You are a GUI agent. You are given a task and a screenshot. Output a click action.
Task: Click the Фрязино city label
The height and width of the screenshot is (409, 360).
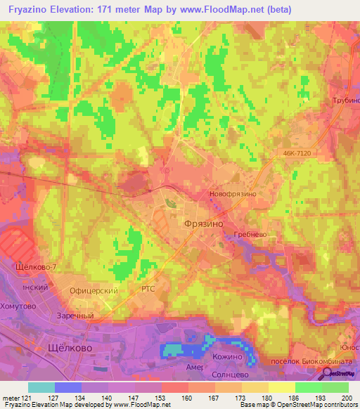coord(203,222)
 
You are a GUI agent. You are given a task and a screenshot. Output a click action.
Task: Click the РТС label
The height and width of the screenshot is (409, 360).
coord(148,290)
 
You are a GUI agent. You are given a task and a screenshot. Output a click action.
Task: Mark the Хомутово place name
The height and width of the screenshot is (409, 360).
coord(18,306)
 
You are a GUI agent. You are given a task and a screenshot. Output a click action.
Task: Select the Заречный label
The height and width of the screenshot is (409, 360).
coord(75,316)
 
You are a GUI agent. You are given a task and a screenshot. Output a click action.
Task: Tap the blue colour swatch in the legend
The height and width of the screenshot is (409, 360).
coord(68,387)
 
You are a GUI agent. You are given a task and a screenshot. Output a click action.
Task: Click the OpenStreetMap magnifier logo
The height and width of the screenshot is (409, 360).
coord(328,374)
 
